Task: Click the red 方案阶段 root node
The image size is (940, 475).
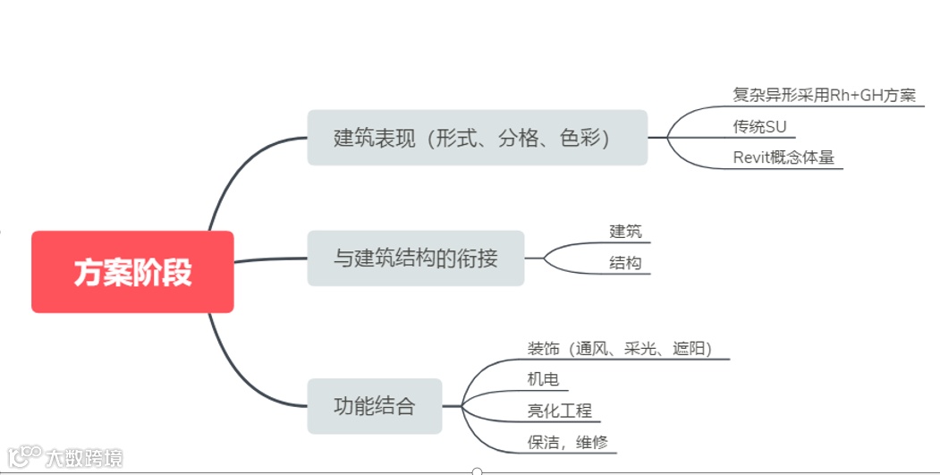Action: click(x=132, y=272)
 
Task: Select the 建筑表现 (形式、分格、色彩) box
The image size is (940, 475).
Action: click(x=477, y=138)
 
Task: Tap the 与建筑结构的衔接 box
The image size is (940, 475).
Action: click(x=415, y=259)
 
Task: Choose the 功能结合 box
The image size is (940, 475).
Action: click(x=375, y=406)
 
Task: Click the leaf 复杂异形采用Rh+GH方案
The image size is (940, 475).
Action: click(x=824, y=96)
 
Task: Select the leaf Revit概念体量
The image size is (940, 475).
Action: click(x=783, y=157)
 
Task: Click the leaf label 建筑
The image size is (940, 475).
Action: click(x=626, y=232)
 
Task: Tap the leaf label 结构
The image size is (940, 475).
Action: click(x=626, y=263)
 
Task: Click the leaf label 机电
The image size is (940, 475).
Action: click(x=544, y=380)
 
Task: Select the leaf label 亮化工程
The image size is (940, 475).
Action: click(x=560, y=411)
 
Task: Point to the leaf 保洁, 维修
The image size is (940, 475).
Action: click(x=569, y=442)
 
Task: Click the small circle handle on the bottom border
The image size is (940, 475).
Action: click(x=477, y=471)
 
